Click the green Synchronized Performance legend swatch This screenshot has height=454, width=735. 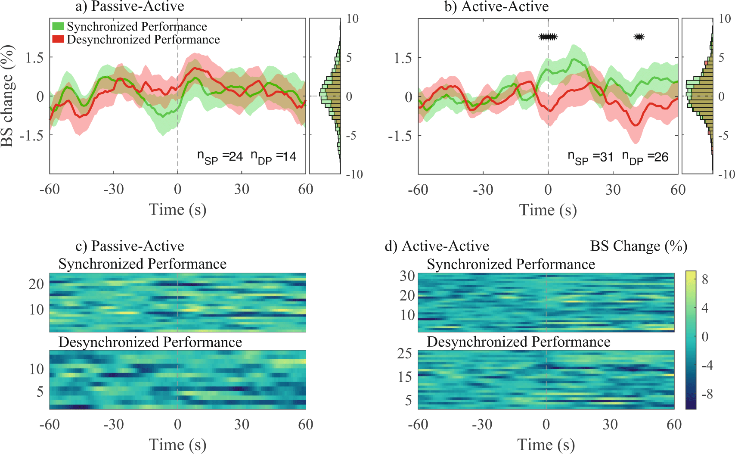(x=58, y=26)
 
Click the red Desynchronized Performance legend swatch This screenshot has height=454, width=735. (x=58, y=39)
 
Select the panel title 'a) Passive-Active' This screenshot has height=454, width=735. (x=130, y=6)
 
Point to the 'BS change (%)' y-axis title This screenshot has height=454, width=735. (x=7, y=96)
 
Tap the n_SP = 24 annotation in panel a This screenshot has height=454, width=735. (x=220, y=157)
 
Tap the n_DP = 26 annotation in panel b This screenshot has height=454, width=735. (x=645, y=158)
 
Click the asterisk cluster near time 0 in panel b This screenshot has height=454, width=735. (x=548, y=37)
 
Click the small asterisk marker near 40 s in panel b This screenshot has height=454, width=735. (x=639, y=37)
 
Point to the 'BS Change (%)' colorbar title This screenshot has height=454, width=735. (x=639, y=246)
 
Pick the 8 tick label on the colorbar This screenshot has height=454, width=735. (x=705, y=280)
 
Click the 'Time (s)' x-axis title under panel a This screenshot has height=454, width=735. (x=177, y=210)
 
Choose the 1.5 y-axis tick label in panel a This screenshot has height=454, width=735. (x=35, y=57)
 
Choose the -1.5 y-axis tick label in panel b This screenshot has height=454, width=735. (x=400, y=136)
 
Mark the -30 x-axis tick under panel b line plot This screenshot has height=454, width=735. (x=483, y=190)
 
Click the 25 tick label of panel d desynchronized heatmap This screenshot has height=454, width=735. (x=405, y=354)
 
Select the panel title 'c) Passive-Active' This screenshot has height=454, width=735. (x=130, y=246)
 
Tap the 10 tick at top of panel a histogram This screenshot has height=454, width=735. (x=352, y=19)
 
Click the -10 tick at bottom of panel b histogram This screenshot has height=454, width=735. (x=726, y=174)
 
